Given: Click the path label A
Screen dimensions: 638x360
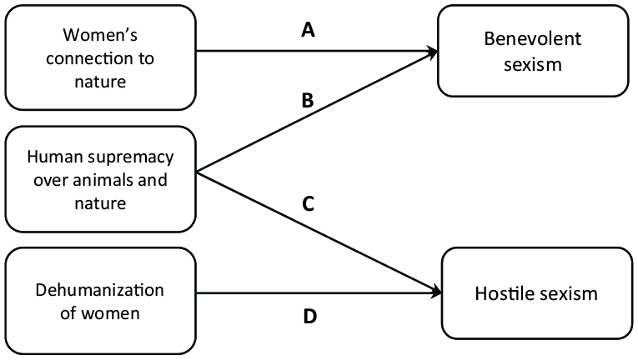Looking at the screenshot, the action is pos(308,30).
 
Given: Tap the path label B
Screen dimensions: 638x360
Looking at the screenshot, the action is pos(308,101).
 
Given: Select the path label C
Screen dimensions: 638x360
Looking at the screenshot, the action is pos(308,204).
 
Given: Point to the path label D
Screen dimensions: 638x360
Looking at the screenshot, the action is pos(309,316).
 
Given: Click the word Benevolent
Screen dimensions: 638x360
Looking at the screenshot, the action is pos(533,39).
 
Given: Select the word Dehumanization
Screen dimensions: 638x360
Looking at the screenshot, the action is pos(100,290).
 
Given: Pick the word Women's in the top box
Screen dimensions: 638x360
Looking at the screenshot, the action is pos(100,35).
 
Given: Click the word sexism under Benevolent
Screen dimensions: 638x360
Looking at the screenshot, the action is pos(533,65).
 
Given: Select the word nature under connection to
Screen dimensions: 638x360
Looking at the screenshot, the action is pos(100,82).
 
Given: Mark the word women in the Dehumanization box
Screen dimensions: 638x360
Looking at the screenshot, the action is pos(110,313).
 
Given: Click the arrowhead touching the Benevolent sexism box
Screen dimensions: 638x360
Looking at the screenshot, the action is pos(431,52).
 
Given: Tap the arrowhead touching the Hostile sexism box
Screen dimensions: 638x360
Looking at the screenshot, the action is pos(436,292).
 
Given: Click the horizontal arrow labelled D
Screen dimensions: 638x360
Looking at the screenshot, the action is pos(319,292).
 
